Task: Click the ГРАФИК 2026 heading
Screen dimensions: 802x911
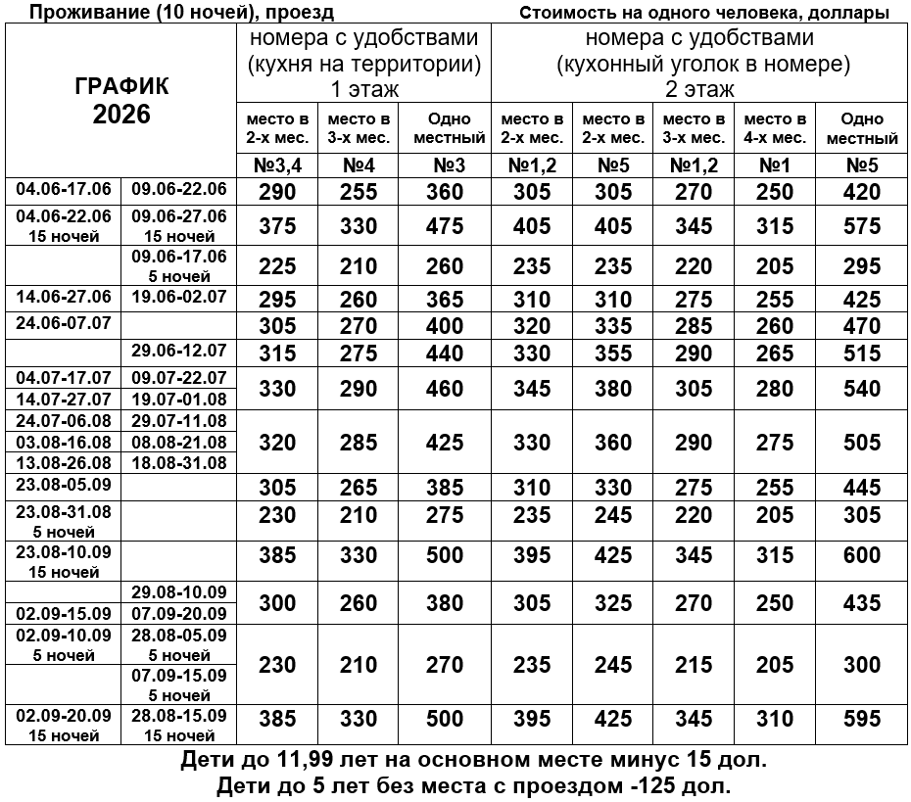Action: coord(121,100)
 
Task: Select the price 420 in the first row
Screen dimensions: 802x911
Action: coord(862,192)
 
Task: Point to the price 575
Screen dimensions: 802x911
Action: coord(862,226)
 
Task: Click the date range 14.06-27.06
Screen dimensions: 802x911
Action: coord(64,297)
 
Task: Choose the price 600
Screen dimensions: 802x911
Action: coord(862,556)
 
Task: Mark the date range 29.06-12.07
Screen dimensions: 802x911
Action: coord(179,351)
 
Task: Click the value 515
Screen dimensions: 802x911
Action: coord(862,353)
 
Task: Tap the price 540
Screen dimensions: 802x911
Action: coord(862,389)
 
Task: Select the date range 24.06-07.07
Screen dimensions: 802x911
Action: coord(64,323)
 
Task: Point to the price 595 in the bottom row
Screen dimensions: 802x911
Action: coord(862,720)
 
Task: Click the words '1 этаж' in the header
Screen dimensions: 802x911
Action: coord(363,88)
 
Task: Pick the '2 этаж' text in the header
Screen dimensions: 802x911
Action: coord(701,88)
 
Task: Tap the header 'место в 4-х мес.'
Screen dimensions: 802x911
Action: coord(775,128)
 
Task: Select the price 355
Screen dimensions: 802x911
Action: coord(613,353)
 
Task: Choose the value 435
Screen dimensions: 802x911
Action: coord(862,603)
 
